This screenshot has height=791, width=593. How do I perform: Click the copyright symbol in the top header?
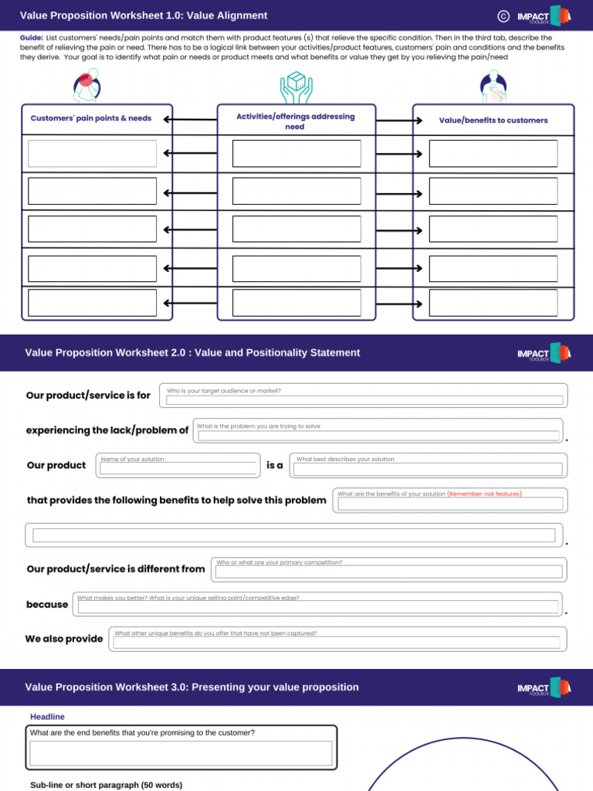(x=503, y=15)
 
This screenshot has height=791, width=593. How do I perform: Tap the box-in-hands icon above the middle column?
(x=296, y=87)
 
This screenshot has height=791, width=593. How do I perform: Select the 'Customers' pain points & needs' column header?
(x=91, y=119)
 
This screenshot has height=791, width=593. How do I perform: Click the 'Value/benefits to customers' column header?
(x=493, y=121)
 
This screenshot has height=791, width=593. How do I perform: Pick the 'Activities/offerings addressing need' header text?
(x=296, y=121)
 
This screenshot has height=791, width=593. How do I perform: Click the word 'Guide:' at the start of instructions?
(x=31, y=37)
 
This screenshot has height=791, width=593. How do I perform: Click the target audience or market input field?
(x=364, y=400)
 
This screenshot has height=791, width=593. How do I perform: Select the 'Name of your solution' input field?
(x=179, y=468)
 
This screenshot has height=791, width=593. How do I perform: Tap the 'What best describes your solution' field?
(x=428, y=469)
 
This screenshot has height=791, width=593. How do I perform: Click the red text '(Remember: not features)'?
(x=484, y=494)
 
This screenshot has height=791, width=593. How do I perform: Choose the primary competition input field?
(x=388, y=572)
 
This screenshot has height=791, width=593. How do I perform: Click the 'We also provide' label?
(x=64, y=639)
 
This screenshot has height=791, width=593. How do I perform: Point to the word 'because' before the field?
(x=47, y=604)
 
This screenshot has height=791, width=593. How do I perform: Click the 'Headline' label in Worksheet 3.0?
(x=47, y=717)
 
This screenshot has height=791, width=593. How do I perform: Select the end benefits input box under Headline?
(x=181, y=753)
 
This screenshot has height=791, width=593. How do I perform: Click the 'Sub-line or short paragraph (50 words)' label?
(x=106, y=785)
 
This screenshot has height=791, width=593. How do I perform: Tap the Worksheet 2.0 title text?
(x=192, y=353)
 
